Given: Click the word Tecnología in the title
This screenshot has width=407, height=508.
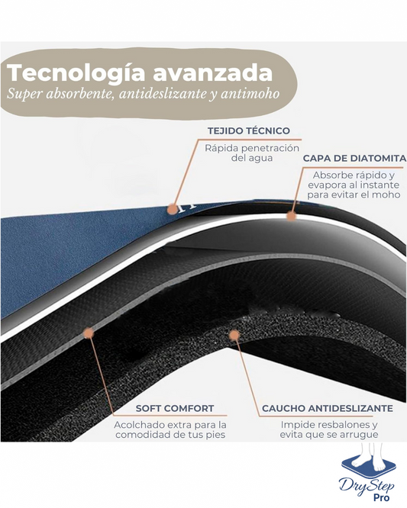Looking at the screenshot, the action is [x=76, y=74].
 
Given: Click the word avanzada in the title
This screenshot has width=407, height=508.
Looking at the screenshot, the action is [x=212, y=73].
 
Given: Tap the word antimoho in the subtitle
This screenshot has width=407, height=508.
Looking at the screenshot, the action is [x=250, y=93].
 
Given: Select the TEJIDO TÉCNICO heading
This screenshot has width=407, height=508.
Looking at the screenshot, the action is [x=249, y=131].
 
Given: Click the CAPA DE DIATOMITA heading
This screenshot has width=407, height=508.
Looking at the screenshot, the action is [x=354, y=159].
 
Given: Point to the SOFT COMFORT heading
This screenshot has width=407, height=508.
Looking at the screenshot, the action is [x=175, y=408].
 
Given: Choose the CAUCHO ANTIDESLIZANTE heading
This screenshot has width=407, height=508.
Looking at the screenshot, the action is [x=328, y=408].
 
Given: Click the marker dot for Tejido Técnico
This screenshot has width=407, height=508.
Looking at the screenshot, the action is [x=173, y=209].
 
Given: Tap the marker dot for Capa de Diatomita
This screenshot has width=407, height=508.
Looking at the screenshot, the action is [x=292, y=215].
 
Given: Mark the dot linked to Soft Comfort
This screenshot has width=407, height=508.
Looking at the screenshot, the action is [x=89, y=333].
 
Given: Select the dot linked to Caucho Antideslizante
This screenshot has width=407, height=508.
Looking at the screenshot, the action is [x=234, y=336].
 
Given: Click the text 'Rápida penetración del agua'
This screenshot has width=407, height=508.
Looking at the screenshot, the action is [x=252, y=153].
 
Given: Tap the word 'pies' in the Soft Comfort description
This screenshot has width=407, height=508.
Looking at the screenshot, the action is [x=215, y=435].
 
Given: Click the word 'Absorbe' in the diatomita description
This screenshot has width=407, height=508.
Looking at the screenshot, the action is [x=330, y=175].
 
